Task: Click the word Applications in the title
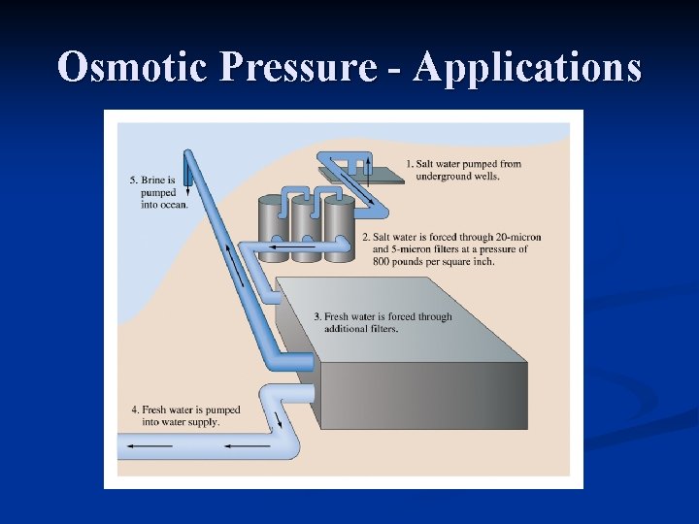pos(527,68)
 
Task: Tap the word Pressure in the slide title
pos(299,68)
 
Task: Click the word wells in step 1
pos(483,177)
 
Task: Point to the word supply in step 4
pos(204,421)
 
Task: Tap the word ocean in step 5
pos(174,205)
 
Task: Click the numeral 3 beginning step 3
pos(317,317)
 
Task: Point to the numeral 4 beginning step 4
pos(135,409)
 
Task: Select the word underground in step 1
pos(443,177)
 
